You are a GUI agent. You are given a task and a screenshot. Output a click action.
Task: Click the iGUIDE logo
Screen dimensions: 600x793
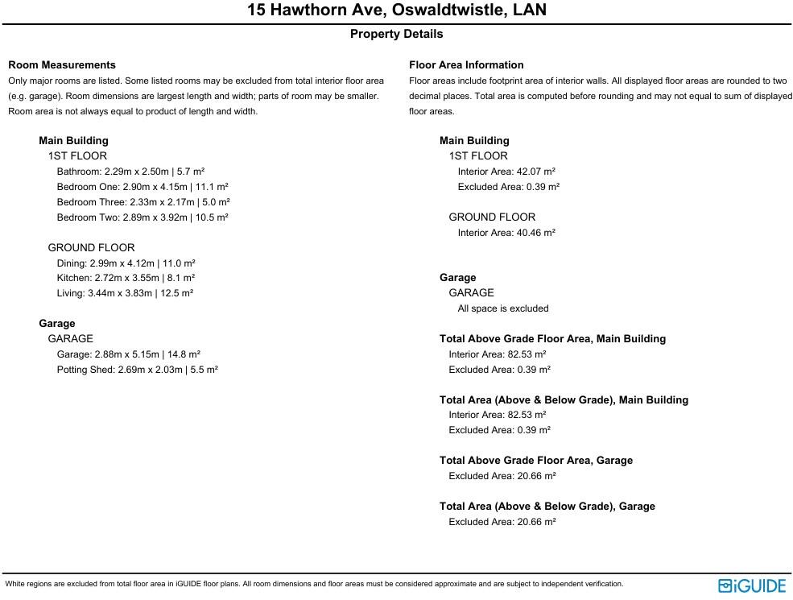[751, 586]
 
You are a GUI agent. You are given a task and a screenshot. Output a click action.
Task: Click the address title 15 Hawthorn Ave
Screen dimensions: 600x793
[396, 10]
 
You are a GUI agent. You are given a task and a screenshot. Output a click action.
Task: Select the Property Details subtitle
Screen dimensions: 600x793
[396, 34]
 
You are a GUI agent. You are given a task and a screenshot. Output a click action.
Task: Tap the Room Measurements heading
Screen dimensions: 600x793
[62, 65]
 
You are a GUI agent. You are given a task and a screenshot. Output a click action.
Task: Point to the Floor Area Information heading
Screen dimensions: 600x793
[466, 65]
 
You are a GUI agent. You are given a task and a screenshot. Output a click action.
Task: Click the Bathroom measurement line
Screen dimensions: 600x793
[130, 172]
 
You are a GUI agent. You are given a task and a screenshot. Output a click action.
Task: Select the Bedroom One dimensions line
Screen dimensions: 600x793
[142, 187]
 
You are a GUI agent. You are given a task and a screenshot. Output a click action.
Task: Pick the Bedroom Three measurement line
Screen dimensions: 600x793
[143, 202]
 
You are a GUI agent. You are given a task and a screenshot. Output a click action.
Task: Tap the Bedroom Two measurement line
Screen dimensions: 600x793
[142, 217]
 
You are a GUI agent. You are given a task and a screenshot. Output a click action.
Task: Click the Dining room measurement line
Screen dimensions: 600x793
[126, 263]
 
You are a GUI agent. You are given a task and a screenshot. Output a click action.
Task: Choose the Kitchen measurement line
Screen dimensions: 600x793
[126, 278]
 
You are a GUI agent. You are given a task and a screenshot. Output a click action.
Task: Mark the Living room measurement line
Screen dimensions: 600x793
[125, 293]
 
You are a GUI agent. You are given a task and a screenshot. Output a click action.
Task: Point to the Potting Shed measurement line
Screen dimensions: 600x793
[138, 370]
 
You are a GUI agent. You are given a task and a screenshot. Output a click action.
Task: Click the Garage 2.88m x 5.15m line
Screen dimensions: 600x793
[129, 354]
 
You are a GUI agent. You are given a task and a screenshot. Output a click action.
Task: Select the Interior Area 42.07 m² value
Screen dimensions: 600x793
[506, 172]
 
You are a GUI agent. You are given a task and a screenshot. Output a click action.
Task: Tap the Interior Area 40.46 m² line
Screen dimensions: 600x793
[506, 233]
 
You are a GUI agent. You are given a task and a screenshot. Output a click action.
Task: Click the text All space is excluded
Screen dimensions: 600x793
[503, 308]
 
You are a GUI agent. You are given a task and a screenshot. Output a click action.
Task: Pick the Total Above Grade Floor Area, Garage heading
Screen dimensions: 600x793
[536, 461]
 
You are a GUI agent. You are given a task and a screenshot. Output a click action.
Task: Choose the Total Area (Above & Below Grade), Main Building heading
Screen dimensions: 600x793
[564, 400]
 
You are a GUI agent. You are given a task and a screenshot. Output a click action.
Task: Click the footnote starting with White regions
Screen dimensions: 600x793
[314, 584]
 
